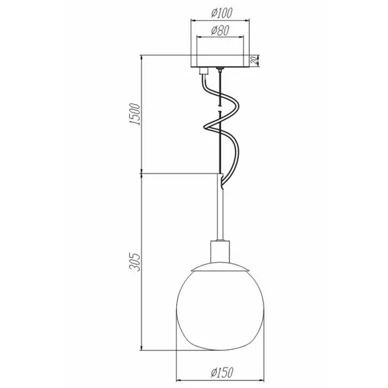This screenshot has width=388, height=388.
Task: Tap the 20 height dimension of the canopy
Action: (x=253, y=61)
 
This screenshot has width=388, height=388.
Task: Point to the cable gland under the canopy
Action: (x=201, y=69)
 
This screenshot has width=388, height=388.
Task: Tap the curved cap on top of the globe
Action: (x=219, y=265)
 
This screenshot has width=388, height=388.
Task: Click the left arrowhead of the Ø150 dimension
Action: (x=180, y=380)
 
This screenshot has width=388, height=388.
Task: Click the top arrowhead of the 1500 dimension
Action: (x=142, y=57)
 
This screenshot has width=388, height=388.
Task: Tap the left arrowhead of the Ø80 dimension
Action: (x=197, y=38)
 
